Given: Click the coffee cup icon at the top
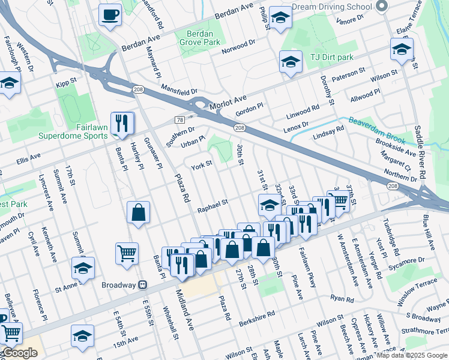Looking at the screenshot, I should click(110, 14).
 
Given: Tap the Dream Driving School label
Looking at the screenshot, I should click(332, 7).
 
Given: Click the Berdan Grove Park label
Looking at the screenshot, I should click(201, 38).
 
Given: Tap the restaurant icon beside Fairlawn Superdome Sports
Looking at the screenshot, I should click(122, 124).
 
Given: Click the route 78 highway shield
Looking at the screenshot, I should click(179, 120).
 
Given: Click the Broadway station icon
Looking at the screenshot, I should click(143, 284).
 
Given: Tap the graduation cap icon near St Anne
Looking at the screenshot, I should click(83, 268).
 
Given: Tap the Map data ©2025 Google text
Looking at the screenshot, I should click(412, 355).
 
